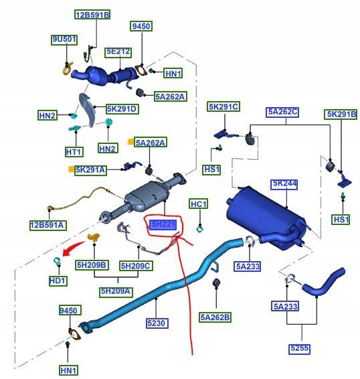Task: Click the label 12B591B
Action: (x=92, y=15)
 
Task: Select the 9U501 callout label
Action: (x=64, y=40)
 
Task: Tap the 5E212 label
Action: (x=118, y=52)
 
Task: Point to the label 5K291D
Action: (x=121, y=108)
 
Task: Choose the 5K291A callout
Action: (x=90, y=170)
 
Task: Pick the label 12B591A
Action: (x=47, y=225)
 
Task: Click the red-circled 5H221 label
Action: (x=163, y=226)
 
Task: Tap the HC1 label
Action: (x=199, y=204)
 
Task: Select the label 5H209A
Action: (x=116, y=291)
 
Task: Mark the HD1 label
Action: (x=58, y=281)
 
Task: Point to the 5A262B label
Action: (x=215, y=316)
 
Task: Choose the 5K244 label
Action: (x=284, y=183)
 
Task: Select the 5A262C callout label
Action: (x=282, y=112)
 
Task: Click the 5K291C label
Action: (x=223, y=107)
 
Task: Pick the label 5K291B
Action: (x=341, y=114)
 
